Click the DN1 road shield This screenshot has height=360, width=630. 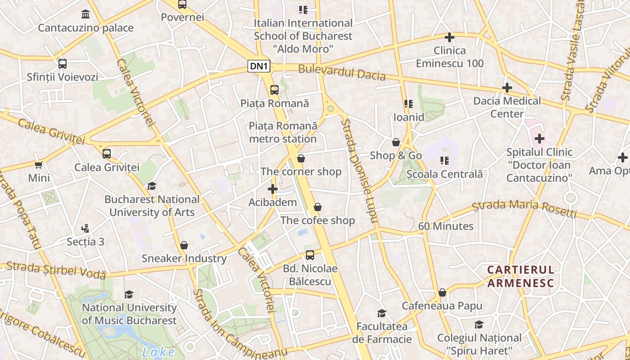pyautogui.click(x=259, y=67)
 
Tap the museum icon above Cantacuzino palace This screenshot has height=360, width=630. pyautogui.click(x=85, y=14)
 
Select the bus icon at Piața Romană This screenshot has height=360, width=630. pyautogui.click(x=274, y=90)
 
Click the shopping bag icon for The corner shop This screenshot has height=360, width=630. pyautogui.click(x=301, y=158)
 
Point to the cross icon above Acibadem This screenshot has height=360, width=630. pyautogui.click(x=273, y=189)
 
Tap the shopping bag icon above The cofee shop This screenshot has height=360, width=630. pyautogui.click(x=318, y=207)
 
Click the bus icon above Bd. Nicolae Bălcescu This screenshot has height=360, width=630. pyautogui.click(x=310, y=255)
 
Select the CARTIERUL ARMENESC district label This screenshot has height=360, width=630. pyautogui.click(x=521, y=276)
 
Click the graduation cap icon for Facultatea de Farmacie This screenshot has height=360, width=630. pyautogui.click(x=382, y=313)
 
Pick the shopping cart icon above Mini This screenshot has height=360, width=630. pyautogui.click(x=39, y=165)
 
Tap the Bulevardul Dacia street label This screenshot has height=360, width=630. pyautogui.click(x=342, y=72)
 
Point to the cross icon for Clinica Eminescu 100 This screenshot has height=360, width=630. pyautogui.click(x=449, y=37)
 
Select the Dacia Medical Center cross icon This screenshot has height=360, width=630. pyautogui.click(x=507, y=88)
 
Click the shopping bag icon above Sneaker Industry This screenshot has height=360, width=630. pyautogui.click(x=184, y=245)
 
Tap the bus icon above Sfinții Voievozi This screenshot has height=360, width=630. pyautogui.click(x=63, y=64)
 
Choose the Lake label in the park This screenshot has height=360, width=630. pyautogui.click(x=158, y=352)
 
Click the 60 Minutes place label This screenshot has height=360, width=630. pyautogui.click(x=445, y=226)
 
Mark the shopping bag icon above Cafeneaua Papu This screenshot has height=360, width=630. pyautogui.click(x=442, y=293)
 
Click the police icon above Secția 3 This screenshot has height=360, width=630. pyautogui.click(x=85, y=229)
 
